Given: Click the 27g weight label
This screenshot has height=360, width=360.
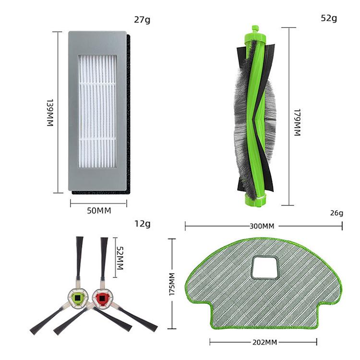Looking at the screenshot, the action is point(143,20).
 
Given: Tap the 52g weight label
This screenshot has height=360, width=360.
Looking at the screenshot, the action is point(329,18).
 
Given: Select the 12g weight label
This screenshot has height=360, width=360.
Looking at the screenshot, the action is point(143,223).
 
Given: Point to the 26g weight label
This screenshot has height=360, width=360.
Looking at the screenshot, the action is point(336,213).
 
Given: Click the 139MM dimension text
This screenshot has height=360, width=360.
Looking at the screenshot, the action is point(50,112).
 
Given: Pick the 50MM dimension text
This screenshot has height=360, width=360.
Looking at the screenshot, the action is point(99,211).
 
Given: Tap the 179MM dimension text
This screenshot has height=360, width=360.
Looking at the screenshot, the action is point(297,122).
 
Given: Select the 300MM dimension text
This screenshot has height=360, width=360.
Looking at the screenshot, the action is point(262,226).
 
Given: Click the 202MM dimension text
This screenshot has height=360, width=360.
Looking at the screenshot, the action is point(264,342).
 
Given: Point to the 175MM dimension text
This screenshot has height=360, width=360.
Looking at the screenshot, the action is point(172,284).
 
